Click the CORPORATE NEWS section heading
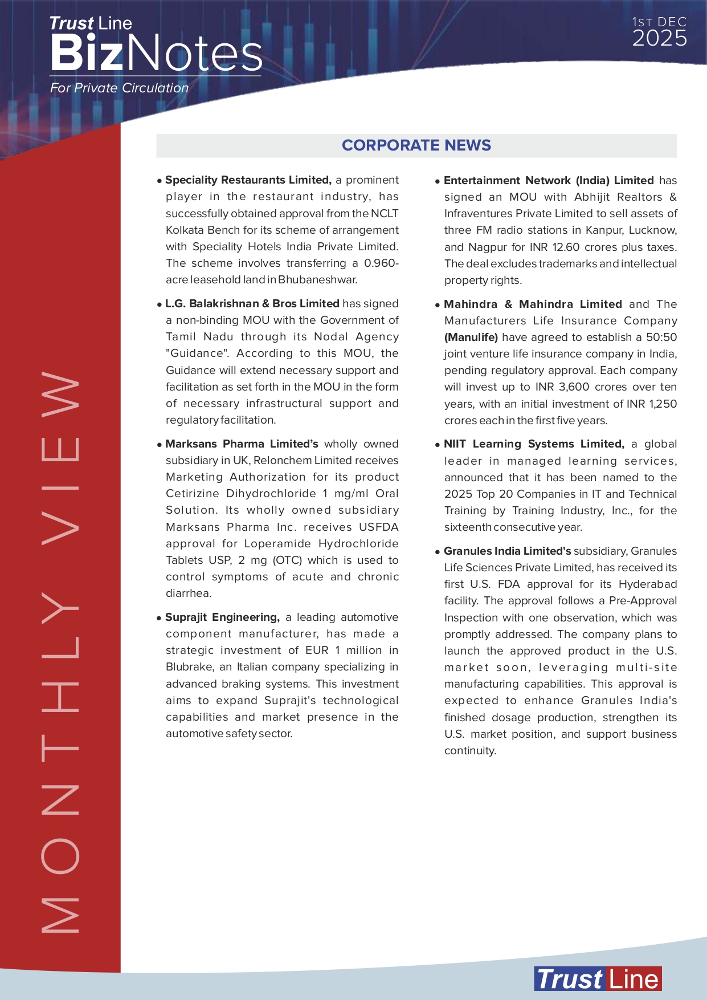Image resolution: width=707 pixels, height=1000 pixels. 416,145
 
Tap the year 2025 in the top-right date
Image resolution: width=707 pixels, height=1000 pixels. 659,39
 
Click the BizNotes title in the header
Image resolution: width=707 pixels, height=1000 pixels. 156,54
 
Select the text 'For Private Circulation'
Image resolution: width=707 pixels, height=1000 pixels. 119,88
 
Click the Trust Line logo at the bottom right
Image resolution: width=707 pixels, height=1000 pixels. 598,979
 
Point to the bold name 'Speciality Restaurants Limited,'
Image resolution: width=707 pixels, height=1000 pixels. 248,180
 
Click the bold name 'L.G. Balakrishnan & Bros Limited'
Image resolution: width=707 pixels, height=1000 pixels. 252,303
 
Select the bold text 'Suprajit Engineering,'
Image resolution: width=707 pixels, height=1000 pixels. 222,617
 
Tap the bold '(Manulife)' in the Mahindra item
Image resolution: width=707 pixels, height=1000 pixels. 471,337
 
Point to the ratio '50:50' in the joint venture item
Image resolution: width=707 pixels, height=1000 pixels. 661,337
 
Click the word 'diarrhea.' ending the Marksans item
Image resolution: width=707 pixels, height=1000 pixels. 189,593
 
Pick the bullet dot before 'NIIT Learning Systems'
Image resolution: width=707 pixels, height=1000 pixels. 438,445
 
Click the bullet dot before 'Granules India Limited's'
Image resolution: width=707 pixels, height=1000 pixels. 438,552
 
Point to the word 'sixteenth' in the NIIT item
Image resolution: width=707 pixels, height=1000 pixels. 467,527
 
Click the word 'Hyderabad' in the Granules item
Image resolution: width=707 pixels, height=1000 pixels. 648,584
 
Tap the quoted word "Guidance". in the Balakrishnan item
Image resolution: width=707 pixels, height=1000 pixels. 198,353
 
